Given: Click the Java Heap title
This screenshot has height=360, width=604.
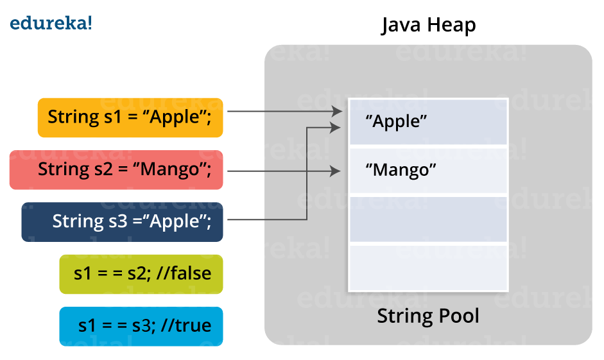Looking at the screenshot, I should (x=428, y=25).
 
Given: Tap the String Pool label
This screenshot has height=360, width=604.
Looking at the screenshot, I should (x=428, y=316).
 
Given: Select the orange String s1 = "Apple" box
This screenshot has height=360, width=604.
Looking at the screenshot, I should (x=130, y=117).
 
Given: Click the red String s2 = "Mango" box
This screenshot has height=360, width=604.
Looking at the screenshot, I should (x=116, y=170).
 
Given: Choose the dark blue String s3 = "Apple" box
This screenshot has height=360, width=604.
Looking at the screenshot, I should (x=123, y=222).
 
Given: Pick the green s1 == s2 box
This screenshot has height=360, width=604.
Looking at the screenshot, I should (x=141, y=274).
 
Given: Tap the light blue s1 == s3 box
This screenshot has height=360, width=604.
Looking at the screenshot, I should (x=141, y=326).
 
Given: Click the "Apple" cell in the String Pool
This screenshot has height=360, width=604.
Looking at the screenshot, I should (x=427, y=122).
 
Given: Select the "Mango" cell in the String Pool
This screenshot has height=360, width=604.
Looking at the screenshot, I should (x=427, y=171).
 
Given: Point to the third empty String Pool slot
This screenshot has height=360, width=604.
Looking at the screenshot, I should (x=427, y=219).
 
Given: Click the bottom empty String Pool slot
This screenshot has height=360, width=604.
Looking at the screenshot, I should (x=427, y=268).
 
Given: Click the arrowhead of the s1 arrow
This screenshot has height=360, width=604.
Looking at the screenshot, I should (x=338, y=112).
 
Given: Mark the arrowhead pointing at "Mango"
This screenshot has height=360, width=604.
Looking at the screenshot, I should (x=335, y=171).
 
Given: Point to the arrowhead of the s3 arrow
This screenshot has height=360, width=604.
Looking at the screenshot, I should (x=335, y=128).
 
